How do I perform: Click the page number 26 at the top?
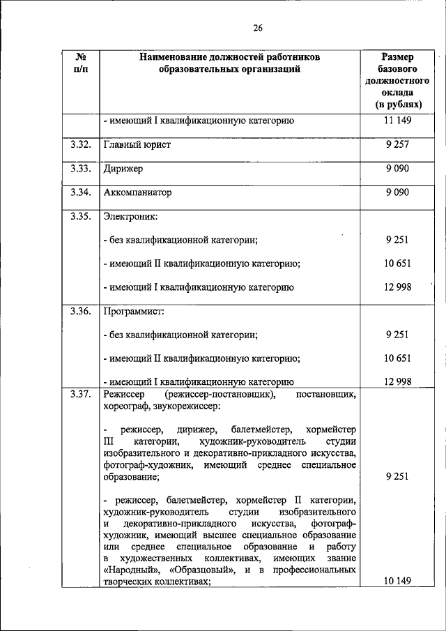tap(257, 29)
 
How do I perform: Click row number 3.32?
tap(80, 144)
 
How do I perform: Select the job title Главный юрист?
tap(137, 145)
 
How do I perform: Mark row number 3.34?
tap(80, 192)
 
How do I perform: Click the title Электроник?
tap(130, 216)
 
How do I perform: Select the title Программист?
tap(133, 311)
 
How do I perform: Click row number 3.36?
tap(80, 311)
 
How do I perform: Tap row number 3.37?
tap(80, 395)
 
